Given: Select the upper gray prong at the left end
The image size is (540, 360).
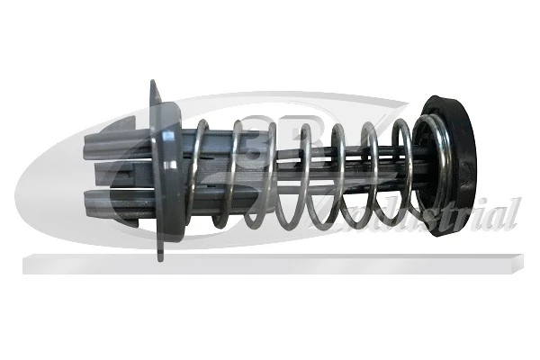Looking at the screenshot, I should click(112, 143).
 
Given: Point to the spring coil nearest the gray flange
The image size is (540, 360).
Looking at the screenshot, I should click(200, 171).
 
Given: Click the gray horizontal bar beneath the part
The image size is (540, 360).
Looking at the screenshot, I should click(270, 263).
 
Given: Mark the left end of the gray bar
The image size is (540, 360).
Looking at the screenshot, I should click(25, 264).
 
